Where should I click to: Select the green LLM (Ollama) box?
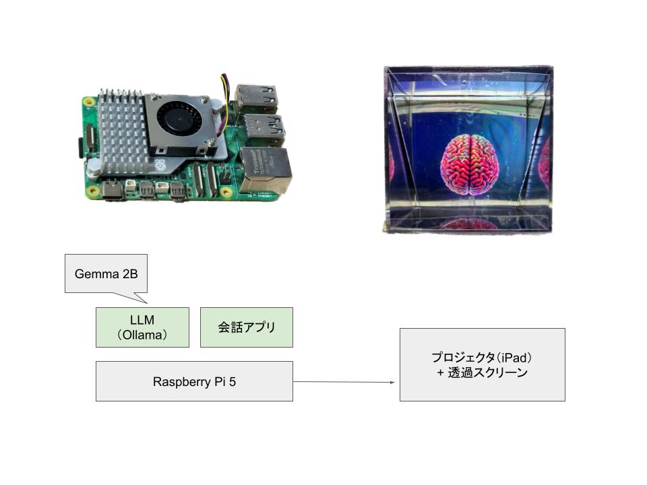click(142, 327)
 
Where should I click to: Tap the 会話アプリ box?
click(247, 327)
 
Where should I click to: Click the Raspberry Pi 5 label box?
click(194, 381)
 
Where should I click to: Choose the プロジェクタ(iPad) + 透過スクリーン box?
click(482, 364)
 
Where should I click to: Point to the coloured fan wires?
click(225, 86)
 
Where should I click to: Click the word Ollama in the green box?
click(142, 335)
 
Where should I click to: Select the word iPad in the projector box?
click(518, 357)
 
